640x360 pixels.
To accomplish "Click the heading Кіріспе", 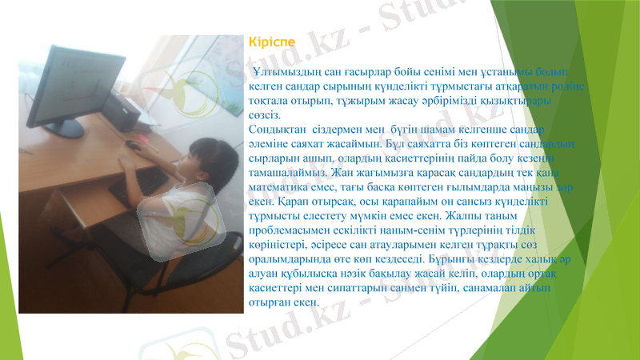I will pos(272,40).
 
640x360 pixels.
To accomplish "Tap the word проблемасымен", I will pos(290,230).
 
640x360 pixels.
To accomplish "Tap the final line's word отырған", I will pos(270,302).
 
